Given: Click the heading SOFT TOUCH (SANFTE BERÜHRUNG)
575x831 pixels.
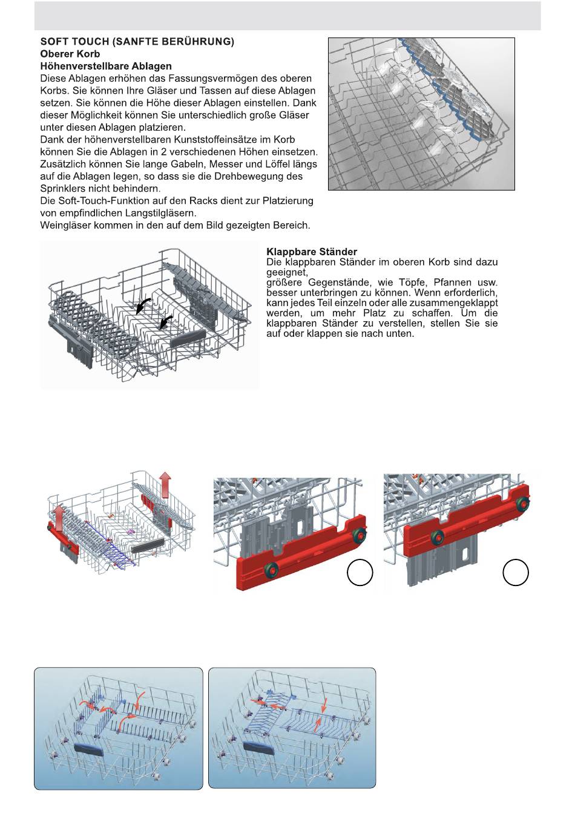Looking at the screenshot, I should (137, 42).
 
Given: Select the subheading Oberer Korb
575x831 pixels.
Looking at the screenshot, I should (70, 54).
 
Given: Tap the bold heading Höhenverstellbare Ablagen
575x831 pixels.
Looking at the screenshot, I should (106, 66).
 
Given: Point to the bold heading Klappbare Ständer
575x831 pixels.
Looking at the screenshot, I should (312, 252).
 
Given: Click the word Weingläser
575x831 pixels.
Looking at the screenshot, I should (67, 226).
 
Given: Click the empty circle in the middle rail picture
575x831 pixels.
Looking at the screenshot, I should (360, 572).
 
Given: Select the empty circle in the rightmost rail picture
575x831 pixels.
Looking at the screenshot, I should (516, 572).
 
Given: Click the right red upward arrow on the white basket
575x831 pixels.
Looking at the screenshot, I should (165, 485).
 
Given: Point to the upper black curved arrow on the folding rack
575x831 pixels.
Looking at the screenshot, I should (143, 304).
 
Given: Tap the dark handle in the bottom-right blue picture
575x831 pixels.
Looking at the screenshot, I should (258, 748).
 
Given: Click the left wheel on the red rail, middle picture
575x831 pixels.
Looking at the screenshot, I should (271, 569).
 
